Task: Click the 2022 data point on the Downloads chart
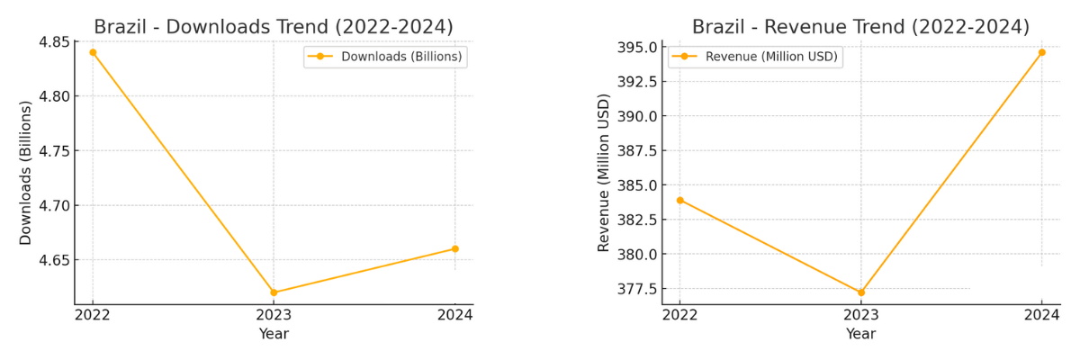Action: (93, 52)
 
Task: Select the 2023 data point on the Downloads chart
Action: (274, 292)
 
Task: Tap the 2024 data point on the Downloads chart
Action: (454, 248)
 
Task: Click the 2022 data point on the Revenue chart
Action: (679, 200)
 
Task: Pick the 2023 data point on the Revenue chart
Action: (860, 292)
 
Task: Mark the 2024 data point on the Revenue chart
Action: (1041, 52)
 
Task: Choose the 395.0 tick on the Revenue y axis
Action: (635, 47)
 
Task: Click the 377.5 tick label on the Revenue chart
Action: (635, 289)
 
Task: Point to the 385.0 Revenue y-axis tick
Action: (635, 185)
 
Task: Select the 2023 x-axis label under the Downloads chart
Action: (274, 314)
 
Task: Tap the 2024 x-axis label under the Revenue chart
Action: (1041, 314)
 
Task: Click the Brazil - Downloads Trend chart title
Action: (274, 26)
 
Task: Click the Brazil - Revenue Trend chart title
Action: (860, 26)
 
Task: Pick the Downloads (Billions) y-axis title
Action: (26, 173)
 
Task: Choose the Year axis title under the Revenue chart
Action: (860, 334)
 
